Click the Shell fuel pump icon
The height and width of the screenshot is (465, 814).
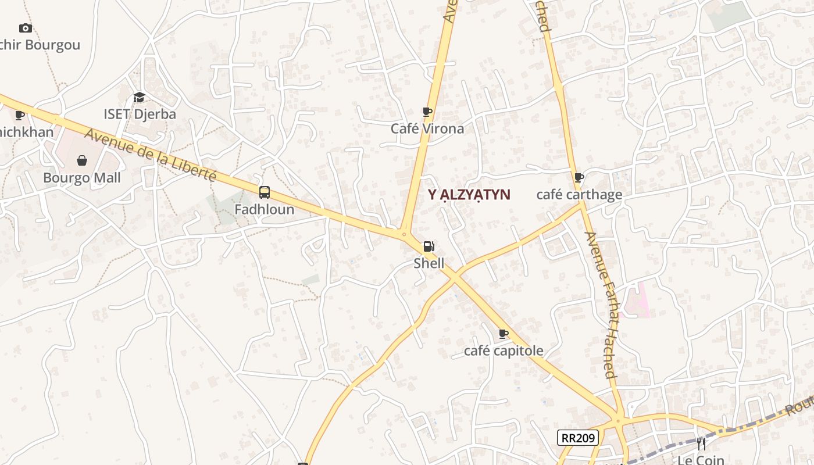click(x=429, y=246)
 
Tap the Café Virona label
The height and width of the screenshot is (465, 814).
click(x=427, y=128)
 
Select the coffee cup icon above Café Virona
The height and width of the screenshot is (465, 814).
click(x=427, y=112)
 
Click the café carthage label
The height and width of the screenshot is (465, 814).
click(x=579, y=195)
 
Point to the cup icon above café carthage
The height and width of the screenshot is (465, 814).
click(x=579, y=178)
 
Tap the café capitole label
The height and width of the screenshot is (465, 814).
click(x=504, y=350)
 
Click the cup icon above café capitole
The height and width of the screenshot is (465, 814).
click(x=504, y=334)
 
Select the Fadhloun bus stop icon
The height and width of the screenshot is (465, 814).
click(x=265, y=192)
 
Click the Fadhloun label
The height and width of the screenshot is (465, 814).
click(x=265, y=209)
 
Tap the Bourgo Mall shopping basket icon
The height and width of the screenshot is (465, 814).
click(x=82, y=160)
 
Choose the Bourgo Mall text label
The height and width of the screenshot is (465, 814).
click(x=82, y=178)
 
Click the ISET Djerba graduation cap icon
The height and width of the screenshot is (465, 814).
click(x=139, y=97)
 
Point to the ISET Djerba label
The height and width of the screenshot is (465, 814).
click(x=140, y=114)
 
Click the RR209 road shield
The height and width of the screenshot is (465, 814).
click(x=578, y=438)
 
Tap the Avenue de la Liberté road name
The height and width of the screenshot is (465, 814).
click(x=151, y=154)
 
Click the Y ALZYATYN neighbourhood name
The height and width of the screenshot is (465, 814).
click(x=469, y=195)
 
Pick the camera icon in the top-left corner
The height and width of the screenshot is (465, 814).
click(x=25, y=28)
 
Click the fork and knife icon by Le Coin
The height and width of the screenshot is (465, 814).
click(x=701, y=444)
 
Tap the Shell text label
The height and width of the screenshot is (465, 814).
click(x=429, y=263)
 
